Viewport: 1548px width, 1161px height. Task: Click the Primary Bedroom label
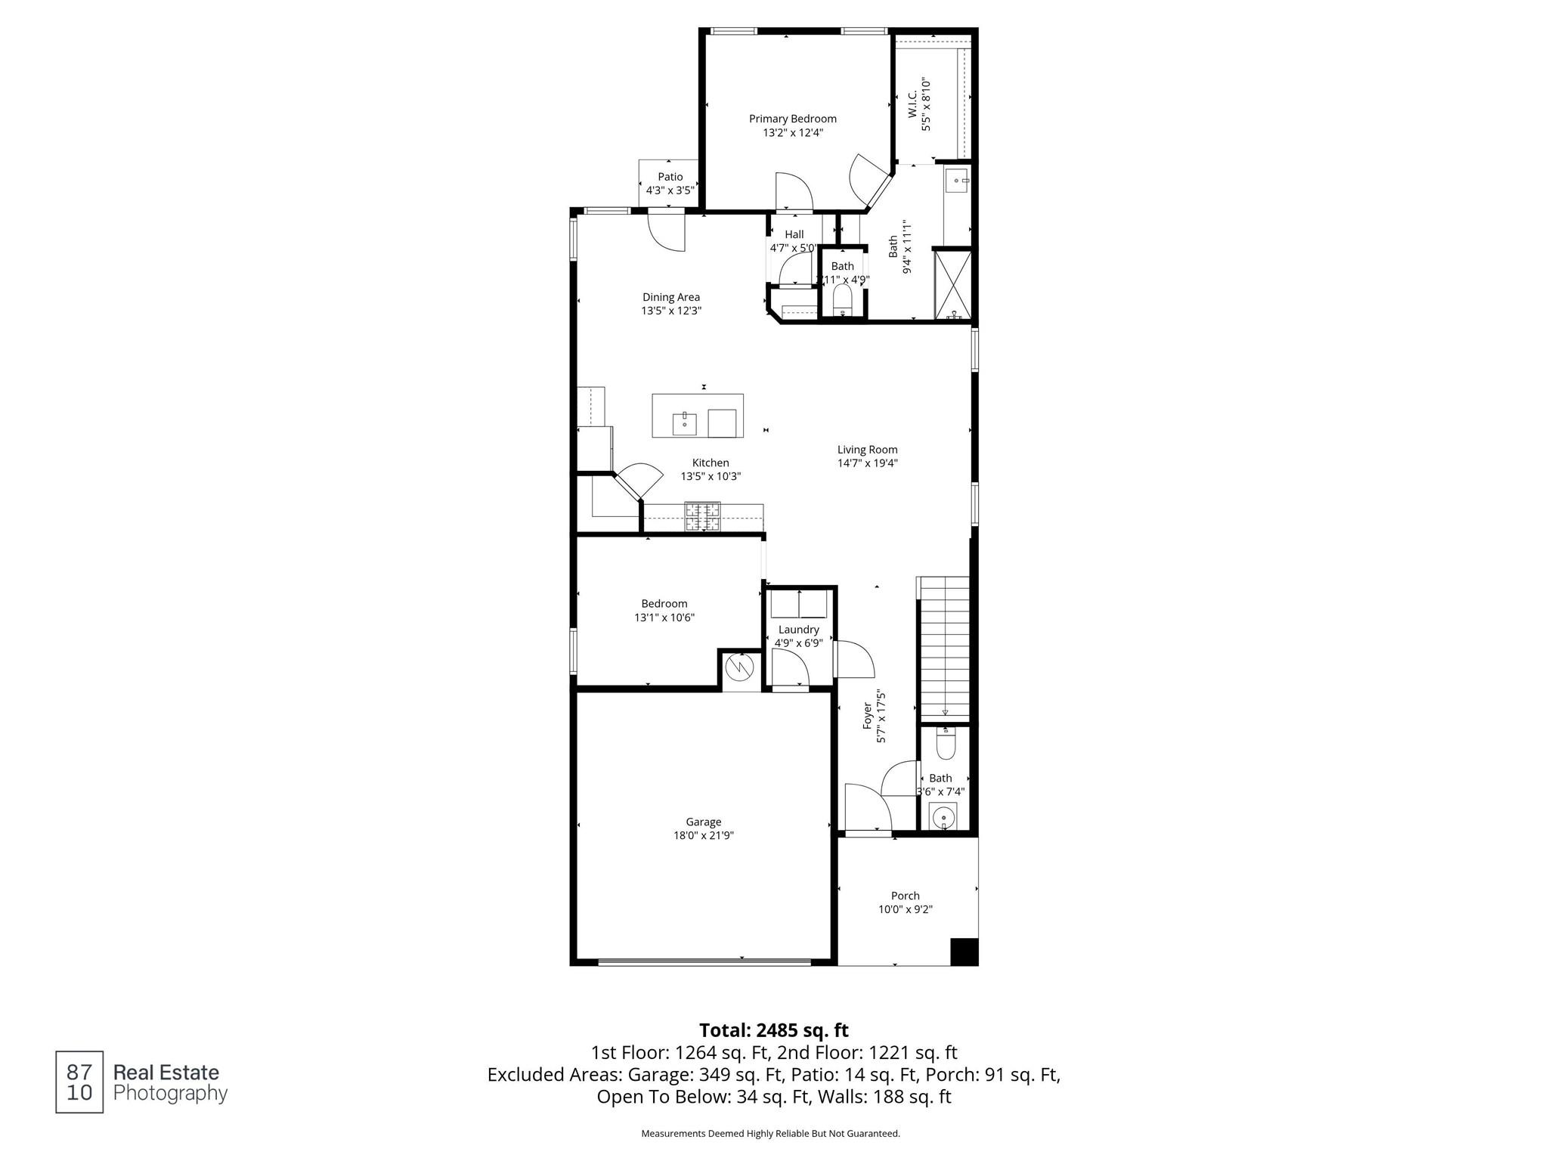pos(792,119)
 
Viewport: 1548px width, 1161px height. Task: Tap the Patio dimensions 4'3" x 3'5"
pos(670,190)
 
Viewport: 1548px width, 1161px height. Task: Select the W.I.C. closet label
pos(912,104)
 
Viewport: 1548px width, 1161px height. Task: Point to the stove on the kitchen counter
pos(702,517)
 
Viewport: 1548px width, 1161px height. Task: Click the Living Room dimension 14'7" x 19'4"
pos(867,463)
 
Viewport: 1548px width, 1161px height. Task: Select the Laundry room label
pos(798,630)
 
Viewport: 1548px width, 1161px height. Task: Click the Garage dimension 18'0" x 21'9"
pos(704,835)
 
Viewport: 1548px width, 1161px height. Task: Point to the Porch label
pos(905,896)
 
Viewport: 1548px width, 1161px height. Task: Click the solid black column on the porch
pos(964,952)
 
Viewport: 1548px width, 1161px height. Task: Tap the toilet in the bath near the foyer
pos(946,743)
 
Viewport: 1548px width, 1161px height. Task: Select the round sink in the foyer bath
pos(943,817)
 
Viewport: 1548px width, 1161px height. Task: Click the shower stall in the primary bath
pos(953,284)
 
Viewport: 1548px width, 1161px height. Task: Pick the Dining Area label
pos(671,297)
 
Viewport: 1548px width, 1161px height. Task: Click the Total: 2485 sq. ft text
pos(773,1030)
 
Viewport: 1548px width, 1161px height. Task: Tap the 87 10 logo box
pos(79,1082)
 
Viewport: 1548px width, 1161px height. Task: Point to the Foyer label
pos(868,716)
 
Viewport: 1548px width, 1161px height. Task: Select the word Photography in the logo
pos(170,1094)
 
